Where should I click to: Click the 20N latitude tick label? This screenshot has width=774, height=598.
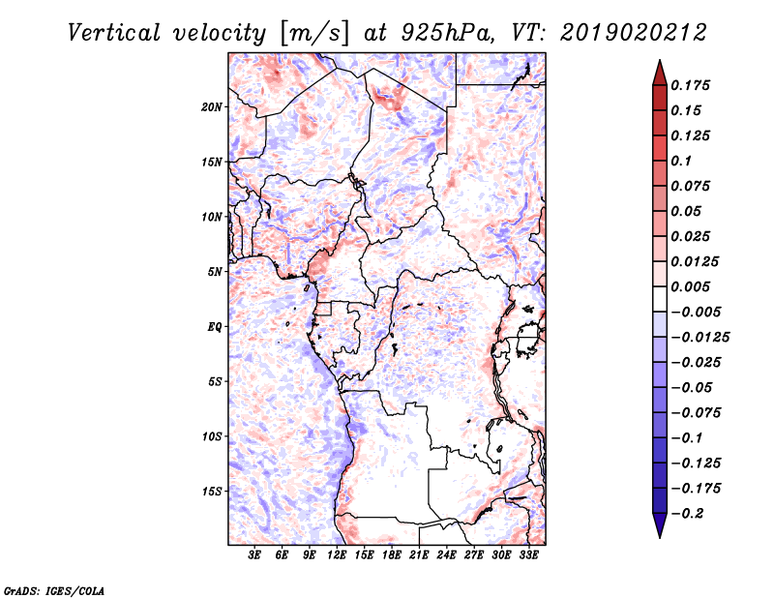pos(212,107)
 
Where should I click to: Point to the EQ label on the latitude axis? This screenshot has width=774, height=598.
pos(215,327)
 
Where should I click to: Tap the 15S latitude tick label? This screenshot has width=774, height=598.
pos(212,492)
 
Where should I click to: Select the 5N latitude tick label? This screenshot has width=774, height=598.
pos(215,272)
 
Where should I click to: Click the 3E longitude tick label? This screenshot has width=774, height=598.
pos(254,555)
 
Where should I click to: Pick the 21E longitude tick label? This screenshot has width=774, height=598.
pos(419,555)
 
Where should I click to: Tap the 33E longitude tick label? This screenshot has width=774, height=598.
pos(528,555)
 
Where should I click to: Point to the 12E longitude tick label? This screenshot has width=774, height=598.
pos(337,555)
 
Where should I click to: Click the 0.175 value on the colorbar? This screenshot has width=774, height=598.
pos(690,85)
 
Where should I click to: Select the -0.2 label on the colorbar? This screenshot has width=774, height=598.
pos(687,514)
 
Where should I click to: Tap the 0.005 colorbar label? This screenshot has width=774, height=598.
pos(690,286)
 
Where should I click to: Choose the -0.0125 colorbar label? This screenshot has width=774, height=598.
pos(700,338)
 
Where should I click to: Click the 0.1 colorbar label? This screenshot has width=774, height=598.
pos(681,161)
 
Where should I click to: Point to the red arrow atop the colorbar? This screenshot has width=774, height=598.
pos(660,74)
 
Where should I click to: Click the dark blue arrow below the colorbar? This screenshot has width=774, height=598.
pos(660,525)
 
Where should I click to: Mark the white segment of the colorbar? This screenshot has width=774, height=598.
pos(660,299)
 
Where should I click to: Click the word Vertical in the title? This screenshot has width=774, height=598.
pos(114,33)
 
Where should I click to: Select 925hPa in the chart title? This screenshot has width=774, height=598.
pos(447,33)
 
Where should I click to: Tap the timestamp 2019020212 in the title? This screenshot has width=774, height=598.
pos(634,33)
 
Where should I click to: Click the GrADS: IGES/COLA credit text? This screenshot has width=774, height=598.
pos(54,590)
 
